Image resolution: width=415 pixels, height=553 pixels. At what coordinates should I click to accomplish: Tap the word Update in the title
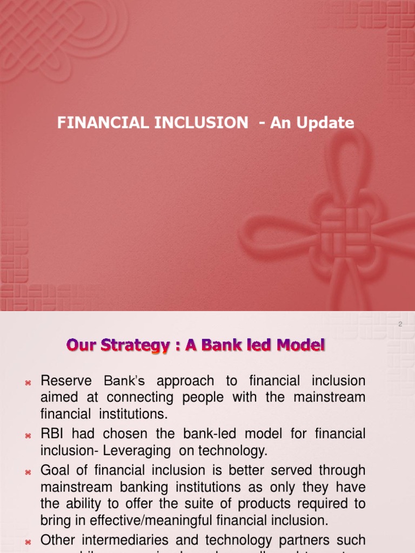point(328,123)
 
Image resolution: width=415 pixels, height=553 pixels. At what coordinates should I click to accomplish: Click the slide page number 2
point(400,324)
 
